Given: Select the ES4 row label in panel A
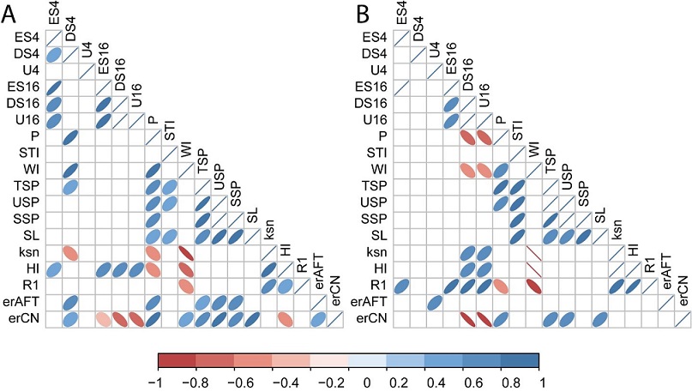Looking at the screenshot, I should (26, 38).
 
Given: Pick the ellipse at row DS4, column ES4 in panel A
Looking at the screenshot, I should (53, 55).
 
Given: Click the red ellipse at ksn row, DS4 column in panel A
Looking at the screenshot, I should (70, 253).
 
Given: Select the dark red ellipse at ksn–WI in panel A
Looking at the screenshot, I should (186, 253).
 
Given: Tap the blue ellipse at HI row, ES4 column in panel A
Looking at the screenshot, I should (53, 269).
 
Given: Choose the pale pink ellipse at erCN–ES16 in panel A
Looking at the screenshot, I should (103, 319).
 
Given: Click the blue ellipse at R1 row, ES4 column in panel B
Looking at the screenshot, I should (402, 286).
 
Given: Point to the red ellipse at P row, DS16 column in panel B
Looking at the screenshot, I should (468, 137).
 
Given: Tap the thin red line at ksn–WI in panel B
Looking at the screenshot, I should (534, 253).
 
